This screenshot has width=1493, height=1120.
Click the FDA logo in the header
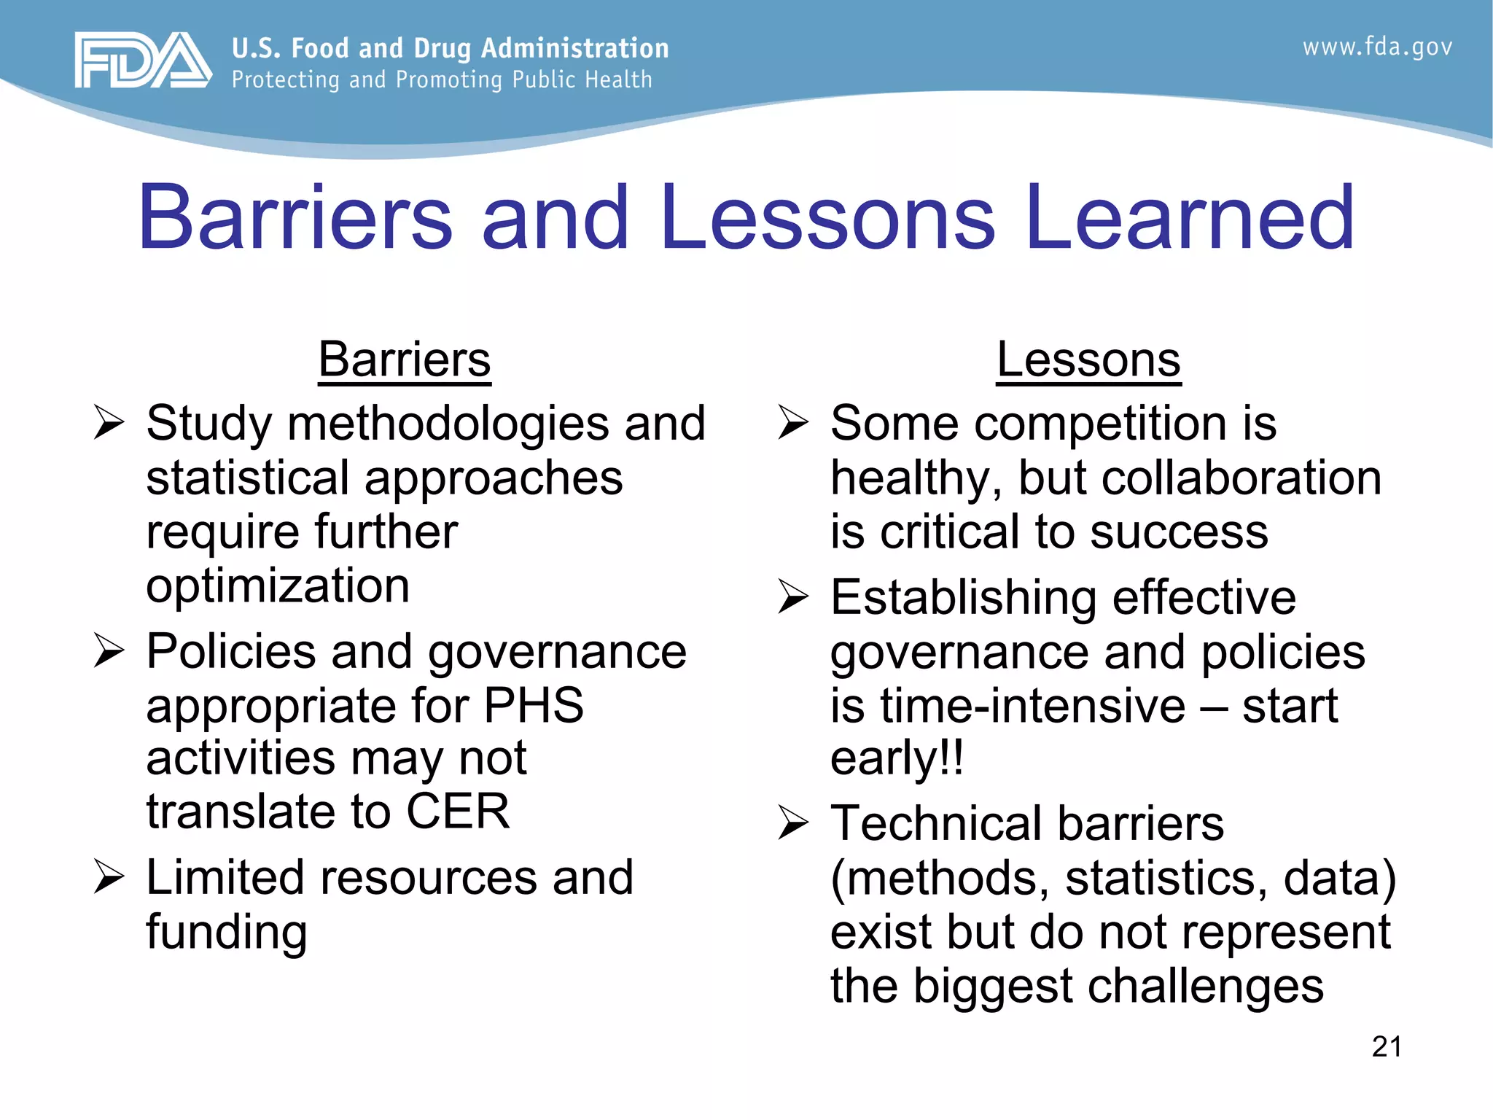[143, 61]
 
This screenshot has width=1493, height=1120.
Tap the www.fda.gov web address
[1377, 47]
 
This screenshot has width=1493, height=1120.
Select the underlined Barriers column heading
[405, 359]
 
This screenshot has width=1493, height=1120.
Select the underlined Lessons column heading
[1088, 359]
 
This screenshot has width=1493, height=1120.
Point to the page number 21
[1387, 1047]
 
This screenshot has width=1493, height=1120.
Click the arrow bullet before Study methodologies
[109, 424]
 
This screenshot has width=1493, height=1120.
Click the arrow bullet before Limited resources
[109, 877]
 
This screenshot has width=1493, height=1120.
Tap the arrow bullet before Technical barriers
[793, 823]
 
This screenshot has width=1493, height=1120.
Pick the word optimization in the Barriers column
[278, 586]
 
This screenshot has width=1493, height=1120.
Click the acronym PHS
[534, 705]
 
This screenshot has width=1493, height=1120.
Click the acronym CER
[458, 812]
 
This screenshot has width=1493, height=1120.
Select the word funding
[226, 933]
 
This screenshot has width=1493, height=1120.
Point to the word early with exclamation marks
[897, 759]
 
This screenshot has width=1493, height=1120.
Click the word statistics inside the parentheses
[1166, 878]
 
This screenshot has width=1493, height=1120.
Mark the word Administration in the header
[574, 48]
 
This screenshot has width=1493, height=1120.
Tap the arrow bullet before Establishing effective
[793, 597]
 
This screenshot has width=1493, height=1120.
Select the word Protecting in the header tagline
[286, 80]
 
